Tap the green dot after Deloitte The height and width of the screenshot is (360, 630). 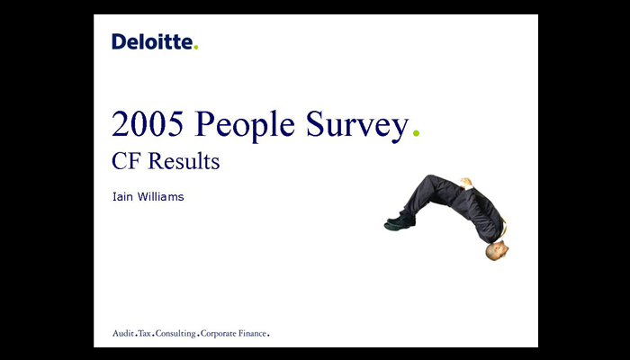(195, 48)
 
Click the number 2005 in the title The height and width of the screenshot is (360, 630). (148, 124)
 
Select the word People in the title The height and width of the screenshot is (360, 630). (245, 126)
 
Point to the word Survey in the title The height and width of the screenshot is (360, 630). (357, 126)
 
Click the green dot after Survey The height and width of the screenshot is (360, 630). (416, 132)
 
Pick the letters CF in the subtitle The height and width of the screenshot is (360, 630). (126, 161)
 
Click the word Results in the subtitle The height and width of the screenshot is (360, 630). (184, 161)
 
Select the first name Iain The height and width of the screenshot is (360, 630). (122, 196)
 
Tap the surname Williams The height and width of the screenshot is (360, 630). (160, 196)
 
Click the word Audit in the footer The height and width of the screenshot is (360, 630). (123, 333)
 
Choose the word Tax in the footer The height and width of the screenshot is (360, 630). (144, 333)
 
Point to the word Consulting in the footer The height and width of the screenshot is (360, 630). (175, 334)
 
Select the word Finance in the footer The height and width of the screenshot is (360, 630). (252, 333)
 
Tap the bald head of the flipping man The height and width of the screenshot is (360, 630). (497, 251)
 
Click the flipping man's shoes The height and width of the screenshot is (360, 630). (399, 222)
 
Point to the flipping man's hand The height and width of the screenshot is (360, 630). (466, 183)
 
